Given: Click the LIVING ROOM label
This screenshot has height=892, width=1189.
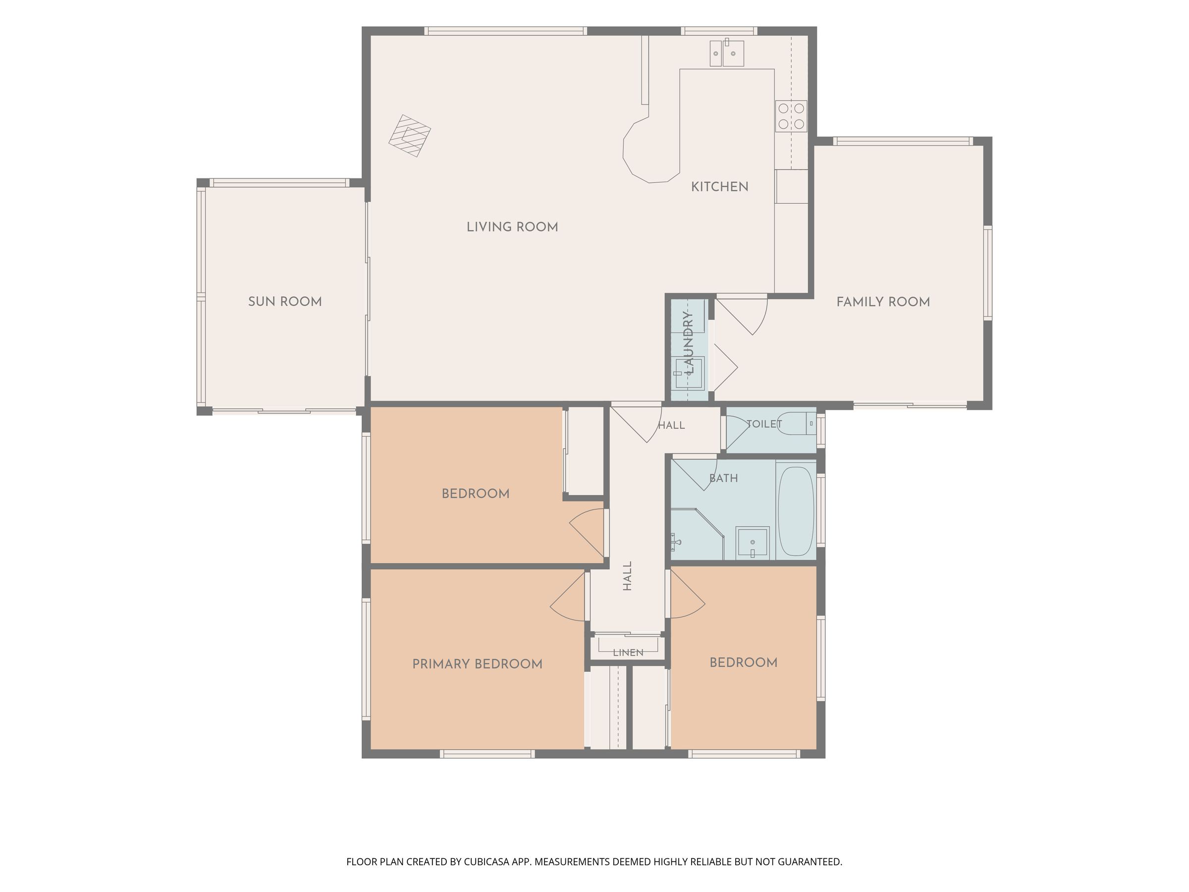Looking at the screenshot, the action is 512,227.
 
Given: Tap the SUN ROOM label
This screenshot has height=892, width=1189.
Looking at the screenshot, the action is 285,302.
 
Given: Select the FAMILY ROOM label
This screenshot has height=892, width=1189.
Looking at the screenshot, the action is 883,302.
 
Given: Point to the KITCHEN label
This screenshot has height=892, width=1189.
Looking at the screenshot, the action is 720,186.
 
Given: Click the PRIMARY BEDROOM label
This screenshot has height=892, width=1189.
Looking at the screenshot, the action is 477,664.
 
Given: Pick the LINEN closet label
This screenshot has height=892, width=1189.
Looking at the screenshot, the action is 628,652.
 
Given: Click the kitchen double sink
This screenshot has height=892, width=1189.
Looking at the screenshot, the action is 727,53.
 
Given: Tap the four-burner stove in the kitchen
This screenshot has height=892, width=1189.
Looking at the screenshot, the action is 791,116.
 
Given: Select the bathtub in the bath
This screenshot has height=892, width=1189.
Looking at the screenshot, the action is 796,511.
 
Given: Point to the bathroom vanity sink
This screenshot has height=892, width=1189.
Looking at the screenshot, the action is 752,543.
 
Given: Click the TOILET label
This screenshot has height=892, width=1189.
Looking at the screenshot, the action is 764,424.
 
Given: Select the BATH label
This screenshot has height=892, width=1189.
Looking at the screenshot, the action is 723,478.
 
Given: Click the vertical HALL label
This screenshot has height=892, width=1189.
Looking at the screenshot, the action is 627,576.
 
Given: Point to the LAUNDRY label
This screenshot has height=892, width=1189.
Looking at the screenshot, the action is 689,342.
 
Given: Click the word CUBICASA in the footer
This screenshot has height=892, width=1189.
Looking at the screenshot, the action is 486,862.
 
